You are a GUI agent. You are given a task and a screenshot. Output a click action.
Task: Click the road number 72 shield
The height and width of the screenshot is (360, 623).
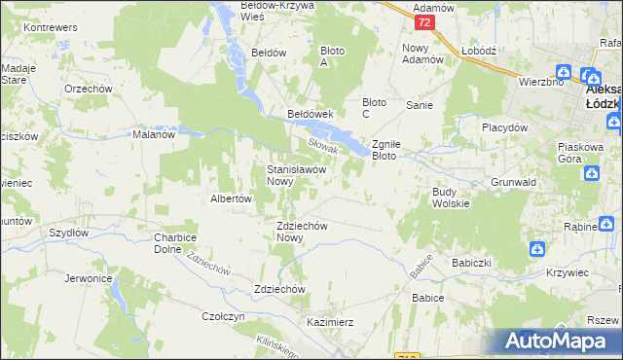[x=423, y=21]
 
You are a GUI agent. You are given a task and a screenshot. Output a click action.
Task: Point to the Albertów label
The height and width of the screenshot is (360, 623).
[x=232, y=198]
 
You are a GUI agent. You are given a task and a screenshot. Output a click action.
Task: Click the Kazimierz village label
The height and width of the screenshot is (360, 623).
[x=329, y=321]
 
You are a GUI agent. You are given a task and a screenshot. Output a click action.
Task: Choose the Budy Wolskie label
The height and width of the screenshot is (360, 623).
[x=451, y=198]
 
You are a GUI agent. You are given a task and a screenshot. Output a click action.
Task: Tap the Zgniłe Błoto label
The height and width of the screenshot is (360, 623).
[x=395, y=148]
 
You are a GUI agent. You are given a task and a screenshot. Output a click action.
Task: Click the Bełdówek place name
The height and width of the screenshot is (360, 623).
[x=311, y=114]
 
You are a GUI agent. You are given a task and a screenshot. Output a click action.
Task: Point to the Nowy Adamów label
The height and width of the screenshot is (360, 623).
[x=422, y=53]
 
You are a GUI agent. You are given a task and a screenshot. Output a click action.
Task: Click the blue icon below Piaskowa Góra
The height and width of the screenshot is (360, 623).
[x=591, y=173]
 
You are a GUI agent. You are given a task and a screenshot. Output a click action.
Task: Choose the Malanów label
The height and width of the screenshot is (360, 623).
[x=153, y=135]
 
